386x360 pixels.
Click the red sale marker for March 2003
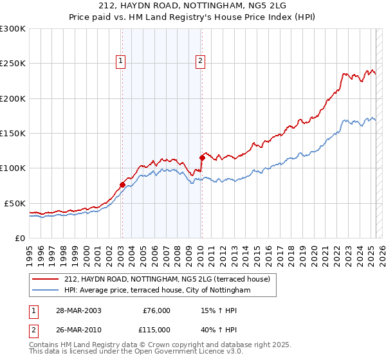pos(122,185)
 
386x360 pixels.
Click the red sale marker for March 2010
pos(202,157)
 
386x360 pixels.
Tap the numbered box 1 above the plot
pos(121,61)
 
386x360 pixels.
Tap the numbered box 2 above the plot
pos(201,61)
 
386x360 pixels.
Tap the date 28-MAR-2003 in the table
pos(78,310)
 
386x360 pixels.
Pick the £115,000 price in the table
pos(156,330)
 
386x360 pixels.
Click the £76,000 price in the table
pos(156,310)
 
